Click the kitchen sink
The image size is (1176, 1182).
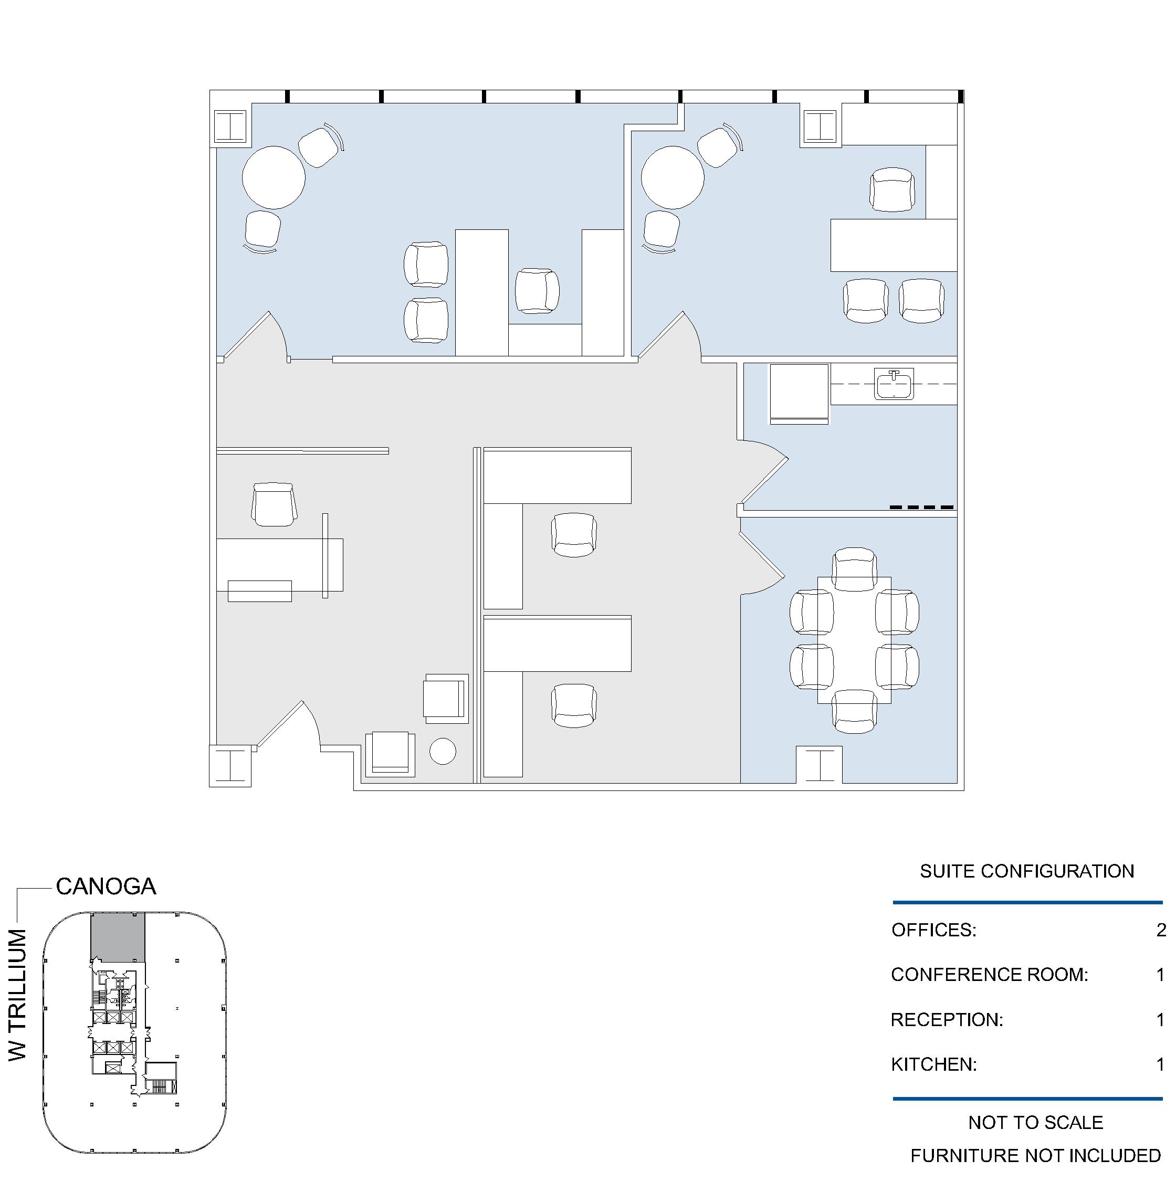coord(895,384)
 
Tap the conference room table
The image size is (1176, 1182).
coord(855,640)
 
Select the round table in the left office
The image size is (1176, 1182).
coord(274,177)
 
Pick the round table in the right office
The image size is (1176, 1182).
coord(673,177)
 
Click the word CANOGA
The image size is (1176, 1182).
coord(106,887)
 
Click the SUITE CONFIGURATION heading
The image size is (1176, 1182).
coord(1027,871)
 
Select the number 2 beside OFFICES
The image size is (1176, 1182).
coord(1161,930)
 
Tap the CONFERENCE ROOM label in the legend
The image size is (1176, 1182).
coord(990,975)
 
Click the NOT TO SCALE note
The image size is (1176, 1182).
coord(1036,1123)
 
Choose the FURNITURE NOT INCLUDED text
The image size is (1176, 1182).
coord(1035,1156)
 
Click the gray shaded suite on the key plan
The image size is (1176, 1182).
coord(118,937)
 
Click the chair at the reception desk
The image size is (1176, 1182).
coord(274,504)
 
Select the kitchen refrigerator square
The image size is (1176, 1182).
coord(799,392)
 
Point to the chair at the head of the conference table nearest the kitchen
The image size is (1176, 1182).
coord(855,569)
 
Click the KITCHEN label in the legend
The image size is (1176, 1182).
coord(933,1064)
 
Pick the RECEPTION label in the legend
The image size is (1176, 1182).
coord(947,1020)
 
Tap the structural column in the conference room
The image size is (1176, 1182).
coord(820,764)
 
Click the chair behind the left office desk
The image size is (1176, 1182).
coord(537,291)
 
